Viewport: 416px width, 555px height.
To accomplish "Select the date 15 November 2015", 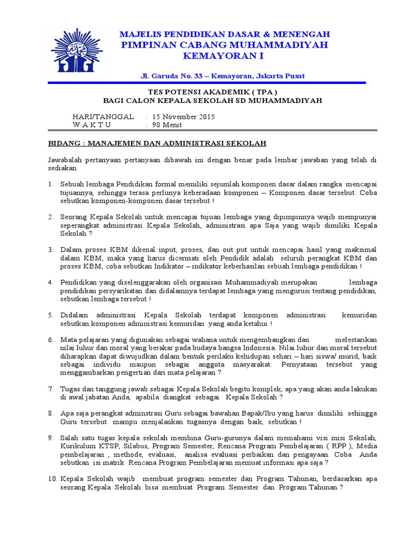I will click(184, 117).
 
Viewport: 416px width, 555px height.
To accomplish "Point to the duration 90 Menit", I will click(167, 125).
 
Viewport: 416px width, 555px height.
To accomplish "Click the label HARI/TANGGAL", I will click(103, 117).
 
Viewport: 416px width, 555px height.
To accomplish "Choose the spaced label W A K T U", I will click(92, 125).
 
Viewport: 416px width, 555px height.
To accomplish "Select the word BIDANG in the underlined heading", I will click(64, 143).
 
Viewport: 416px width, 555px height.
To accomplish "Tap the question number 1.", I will click(50, 185).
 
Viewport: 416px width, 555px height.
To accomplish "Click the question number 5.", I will click(50, 315).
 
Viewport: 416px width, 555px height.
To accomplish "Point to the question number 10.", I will click(52, 479).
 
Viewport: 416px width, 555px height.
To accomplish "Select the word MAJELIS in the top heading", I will click(141, 34).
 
